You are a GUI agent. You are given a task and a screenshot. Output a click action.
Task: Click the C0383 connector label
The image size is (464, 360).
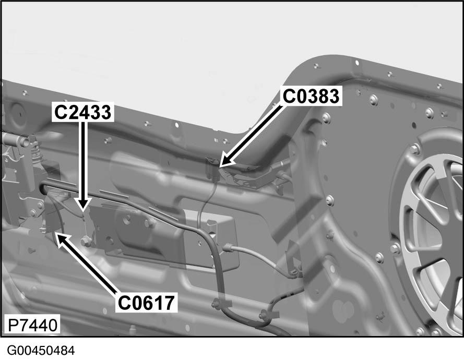[x=311, y=96]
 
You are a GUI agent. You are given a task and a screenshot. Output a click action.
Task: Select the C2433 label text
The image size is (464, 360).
[x=83, y=112]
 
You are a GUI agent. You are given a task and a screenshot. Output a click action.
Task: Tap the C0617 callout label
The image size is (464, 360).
[x=146, y=303]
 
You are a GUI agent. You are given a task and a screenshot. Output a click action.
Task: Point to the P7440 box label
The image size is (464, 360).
[x=32, y=325]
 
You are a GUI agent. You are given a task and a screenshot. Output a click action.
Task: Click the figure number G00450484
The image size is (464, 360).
[x=41, y=351]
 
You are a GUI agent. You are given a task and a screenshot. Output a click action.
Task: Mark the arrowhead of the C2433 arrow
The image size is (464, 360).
[x=83, y=211]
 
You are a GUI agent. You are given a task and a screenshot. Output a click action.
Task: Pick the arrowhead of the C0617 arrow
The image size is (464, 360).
[x=56, y=233]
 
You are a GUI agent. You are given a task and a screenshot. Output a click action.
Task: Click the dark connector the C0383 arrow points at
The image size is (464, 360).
[x=213, y=169]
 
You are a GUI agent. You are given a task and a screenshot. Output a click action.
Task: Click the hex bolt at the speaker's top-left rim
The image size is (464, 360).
[x=414, y=149]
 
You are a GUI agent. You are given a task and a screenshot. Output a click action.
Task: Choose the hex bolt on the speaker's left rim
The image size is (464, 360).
[x=395, y=248]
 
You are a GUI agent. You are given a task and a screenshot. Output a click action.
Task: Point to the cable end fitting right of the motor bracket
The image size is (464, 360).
[x=229, y=247]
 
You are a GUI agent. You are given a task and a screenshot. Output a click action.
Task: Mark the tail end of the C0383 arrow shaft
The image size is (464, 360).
[x=282, y=106]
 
